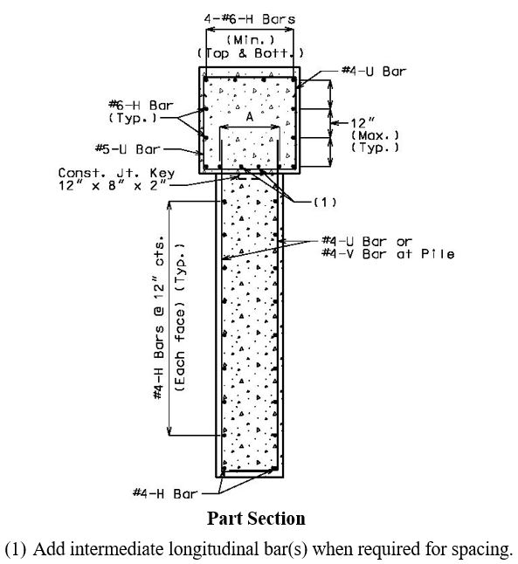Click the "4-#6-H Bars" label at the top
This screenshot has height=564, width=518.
[250, 19]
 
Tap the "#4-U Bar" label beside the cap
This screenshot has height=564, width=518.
[374, 72]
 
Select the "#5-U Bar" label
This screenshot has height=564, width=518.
[128, 149]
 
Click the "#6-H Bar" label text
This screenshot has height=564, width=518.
[142, 106]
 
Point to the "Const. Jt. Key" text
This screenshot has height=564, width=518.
[117, 173]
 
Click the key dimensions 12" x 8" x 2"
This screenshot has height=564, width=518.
[114, 186]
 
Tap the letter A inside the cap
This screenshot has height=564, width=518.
[250, 116]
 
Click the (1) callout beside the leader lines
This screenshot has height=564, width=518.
[325, 203]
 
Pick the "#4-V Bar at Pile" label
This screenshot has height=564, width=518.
[388, 254]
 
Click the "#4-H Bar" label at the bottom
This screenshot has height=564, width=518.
[165, 493]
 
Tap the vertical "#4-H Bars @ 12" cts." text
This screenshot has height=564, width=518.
[159, 318]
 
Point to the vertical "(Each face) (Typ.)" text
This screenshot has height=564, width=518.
[180, 318]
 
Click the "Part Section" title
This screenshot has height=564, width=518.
[256, 519]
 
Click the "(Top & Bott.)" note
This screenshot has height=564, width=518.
[250, 53]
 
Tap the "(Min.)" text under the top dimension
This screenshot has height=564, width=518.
[250, 40]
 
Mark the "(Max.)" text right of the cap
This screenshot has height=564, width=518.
[375, 135]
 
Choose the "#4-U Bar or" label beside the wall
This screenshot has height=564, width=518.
[367, 241]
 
